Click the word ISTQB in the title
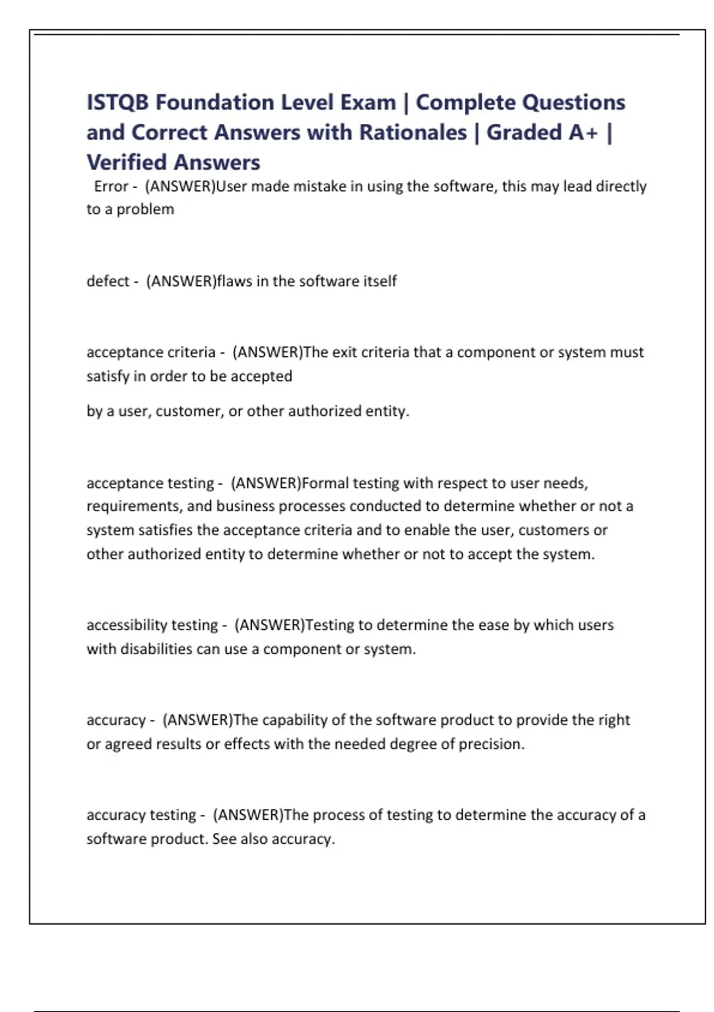118,102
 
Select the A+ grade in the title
583,132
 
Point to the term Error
111,186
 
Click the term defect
108,281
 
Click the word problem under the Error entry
145,210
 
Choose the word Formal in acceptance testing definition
325,483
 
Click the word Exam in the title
368,102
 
